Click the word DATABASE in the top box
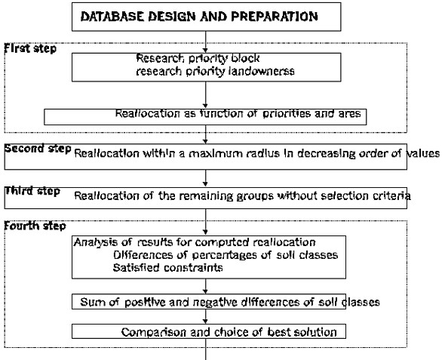pos(112,17)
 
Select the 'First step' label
pos(30,48)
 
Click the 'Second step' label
pos(38,149)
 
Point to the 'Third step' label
pos(32,191)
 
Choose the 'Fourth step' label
pos(35,226)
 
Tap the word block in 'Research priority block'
pos(245,58)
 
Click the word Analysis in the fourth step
pos(95,242)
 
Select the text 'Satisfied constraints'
pos(167,267)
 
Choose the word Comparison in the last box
pos(154,332)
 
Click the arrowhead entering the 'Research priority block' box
pos(205,51)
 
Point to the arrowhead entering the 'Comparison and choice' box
pos(205,322)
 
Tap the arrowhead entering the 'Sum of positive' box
pos(205,291)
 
